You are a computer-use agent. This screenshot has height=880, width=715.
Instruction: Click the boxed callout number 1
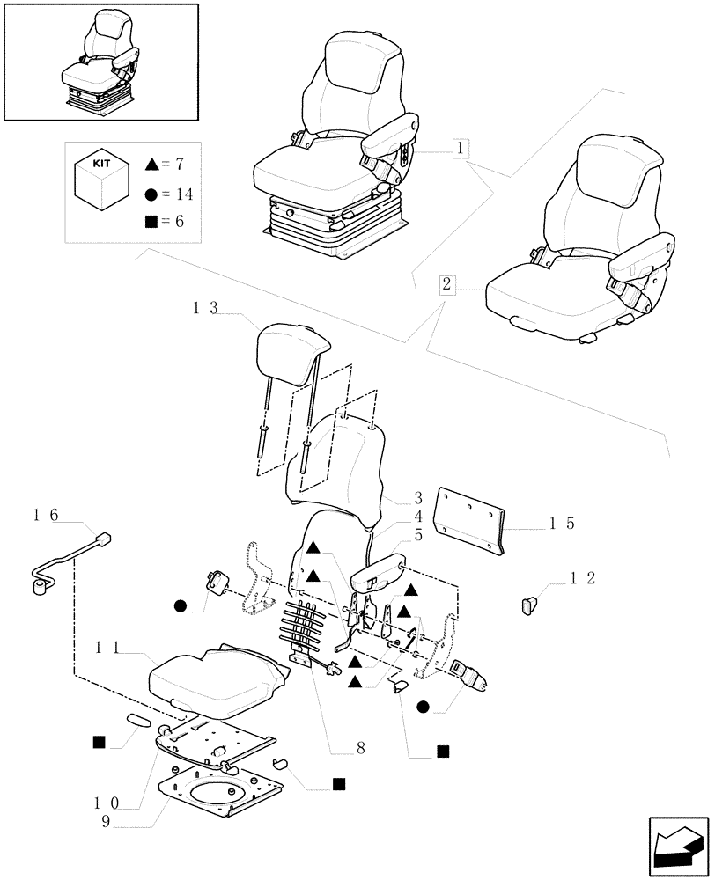pos(460,148)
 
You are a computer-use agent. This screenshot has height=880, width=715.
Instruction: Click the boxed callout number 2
pos(447,284)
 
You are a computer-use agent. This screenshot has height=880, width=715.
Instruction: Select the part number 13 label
pos(205,309)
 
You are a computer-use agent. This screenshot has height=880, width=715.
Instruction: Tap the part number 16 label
pos(45,515)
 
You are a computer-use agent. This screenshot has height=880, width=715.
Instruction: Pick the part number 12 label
pos(583,578)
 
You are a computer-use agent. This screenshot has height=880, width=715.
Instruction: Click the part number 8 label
pos(359,749)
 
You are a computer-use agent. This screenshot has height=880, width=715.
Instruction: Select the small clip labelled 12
pos(528,605)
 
